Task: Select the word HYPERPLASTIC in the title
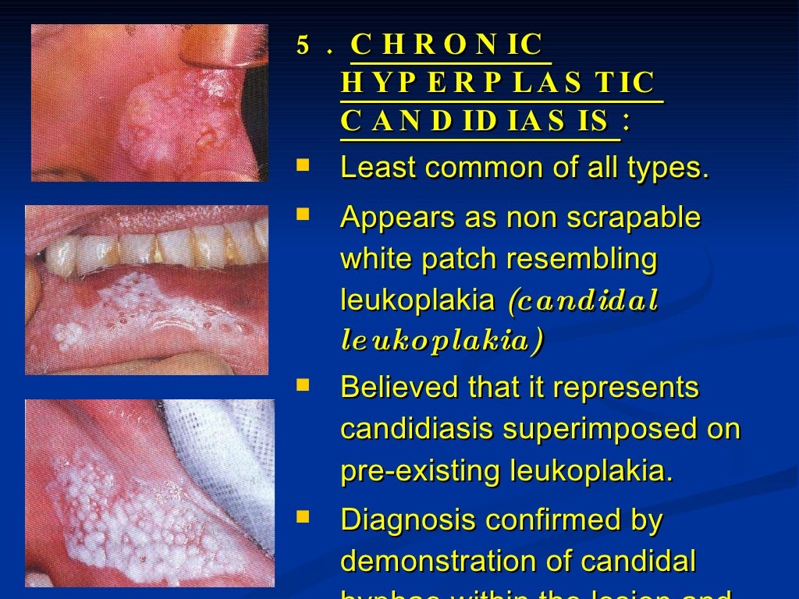tap(498, 83)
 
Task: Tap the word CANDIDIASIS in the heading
tap(475, 121)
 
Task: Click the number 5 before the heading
tap(303, 45)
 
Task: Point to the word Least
tap(377, 168)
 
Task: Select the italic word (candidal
tap(583, 299)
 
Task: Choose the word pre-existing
tap(421, 471)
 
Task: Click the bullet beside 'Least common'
tap(303, 166)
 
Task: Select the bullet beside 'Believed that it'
tap(303, 385)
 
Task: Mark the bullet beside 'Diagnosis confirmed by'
tap(303, 517)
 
